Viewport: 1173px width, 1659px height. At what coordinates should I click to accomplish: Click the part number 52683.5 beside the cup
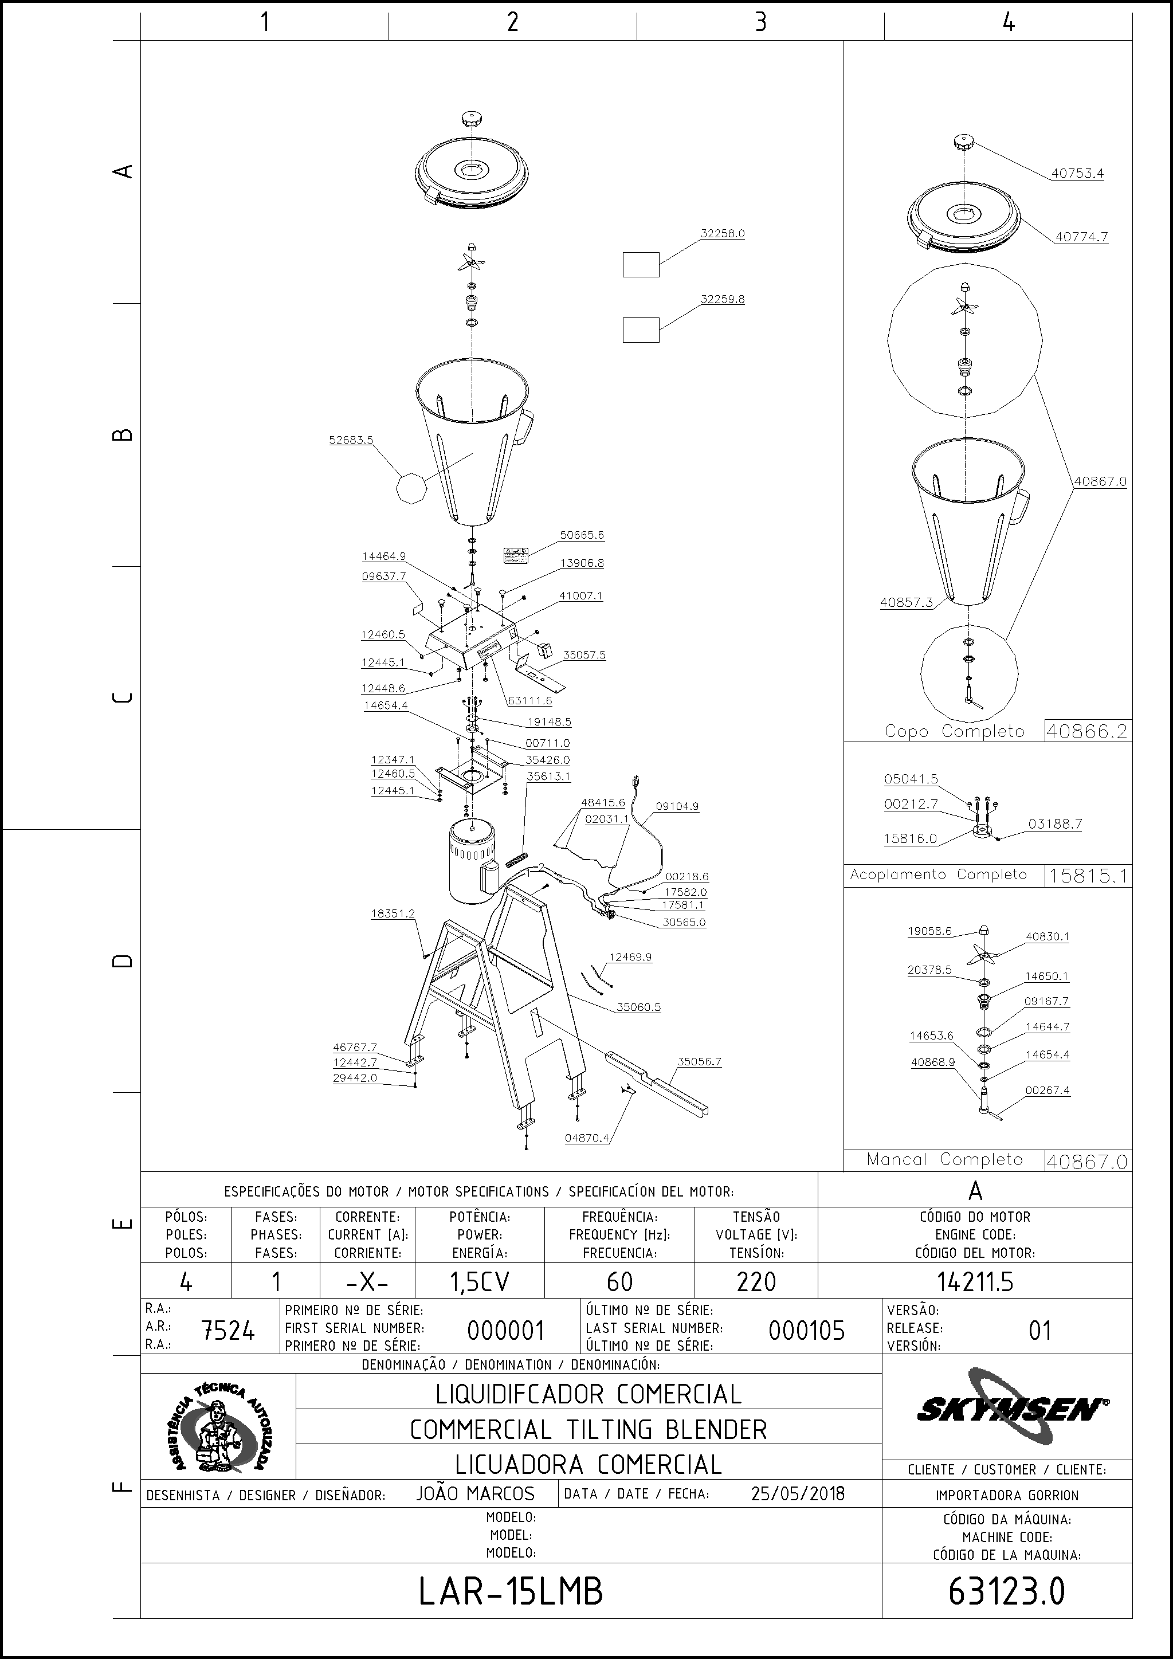pos(351,440)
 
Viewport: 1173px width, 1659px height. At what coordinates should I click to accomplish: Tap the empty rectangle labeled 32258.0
pos(641,264)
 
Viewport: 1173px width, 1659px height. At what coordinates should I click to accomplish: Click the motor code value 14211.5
pos(975,1282)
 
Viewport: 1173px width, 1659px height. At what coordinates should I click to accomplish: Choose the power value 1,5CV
pos(480,1282)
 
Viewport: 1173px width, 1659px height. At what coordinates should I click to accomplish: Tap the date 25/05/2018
pos(798,1493)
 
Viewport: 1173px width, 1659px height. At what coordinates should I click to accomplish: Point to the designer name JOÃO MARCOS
pos(475,1493)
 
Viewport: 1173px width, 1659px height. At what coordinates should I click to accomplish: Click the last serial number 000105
pos(807,1330)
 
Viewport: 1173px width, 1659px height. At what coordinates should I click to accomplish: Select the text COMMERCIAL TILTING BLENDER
pos(589,1429)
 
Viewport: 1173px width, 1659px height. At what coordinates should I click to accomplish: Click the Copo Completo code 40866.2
pos(1087,731)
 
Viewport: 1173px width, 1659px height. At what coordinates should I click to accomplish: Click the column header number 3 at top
pos(760,22)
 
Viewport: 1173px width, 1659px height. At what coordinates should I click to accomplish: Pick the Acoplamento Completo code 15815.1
pos(1088,876)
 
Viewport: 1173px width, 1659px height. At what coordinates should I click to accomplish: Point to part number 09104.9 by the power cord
pos(677,806)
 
